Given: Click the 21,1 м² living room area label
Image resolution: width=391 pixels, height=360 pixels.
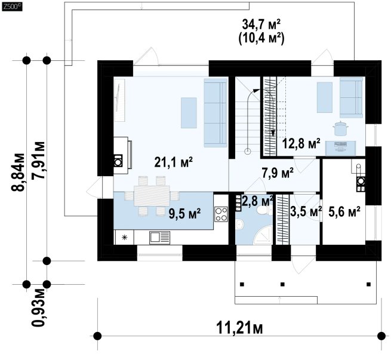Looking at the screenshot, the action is coord(173,162).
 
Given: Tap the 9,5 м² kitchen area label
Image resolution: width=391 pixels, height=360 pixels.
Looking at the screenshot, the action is coord(184,214).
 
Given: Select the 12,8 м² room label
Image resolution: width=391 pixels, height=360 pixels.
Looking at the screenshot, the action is coord(301,144).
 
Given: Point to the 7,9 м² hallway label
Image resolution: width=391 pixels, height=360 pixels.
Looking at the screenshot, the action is coord(278,173).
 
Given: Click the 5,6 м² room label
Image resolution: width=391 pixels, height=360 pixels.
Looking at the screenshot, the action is coord(344,212).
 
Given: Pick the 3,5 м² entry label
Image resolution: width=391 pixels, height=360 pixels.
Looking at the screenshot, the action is coord(306,212).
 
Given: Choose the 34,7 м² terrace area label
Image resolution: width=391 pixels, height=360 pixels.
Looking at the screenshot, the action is coord(261,25).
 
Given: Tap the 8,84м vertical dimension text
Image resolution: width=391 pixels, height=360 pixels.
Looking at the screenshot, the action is coord(18,172).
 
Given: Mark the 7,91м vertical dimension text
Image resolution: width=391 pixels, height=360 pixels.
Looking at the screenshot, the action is coord(38,160).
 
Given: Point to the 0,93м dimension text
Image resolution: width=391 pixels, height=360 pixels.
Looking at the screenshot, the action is coord(38,307).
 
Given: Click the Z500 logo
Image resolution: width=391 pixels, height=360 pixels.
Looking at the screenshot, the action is coord(11,7).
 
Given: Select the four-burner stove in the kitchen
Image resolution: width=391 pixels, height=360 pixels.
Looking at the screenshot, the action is coord(221,214).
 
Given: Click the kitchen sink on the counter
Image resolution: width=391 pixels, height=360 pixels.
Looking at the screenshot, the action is coord(159,238).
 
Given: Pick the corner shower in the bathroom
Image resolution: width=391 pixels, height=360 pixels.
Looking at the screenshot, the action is coord(263,235).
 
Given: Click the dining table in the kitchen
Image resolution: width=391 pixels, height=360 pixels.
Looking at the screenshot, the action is coord(152,195).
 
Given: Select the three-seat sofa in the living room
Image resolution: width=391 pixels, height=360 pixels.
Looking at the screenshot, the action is coord(215,113).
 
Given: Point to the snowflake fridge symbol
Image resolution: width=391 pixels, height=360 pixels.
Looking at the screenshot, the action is coord(124,238).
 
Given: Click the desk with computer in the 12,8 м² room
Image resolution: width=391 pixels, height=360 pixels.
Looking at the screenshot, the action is coord(341,147).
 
